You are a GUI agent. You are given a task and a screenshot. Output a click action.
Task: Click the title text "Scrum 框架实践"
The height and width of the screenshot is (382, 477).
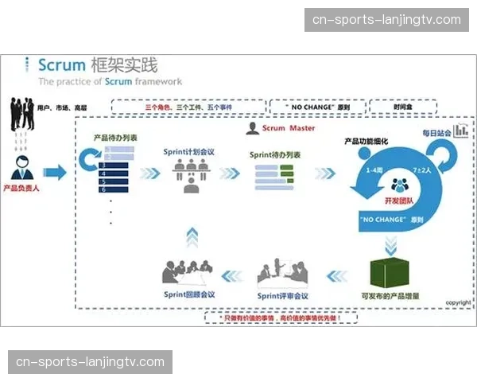click(98, 64)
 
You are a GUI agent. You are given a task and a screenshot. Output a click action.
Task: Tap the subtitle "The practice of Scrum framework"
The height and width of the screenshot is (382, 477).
click(110, 81)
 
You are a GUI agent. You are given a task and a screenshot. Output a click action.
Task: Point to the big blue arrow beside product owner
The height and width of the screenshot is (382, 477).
click(56, 173)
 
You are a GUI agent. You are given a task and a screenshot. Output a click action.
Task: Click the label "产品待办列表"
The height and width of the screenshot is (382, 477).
click(114, 137)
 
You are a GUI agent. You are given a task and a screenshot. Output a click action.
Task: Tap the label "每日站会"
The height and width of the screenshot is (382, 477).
click(435, 132)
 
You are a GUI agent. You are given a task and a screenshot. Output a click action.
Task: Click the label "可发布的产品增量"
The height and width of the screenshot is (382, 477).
click(390, 296)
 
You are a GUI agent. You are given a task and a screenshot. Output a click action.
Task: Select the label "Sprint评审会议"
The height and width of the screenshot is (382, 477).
click(282, 296)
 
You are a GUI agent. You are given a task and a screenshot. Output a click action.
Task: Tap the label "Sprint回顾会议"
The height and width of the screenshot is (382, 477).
click(189, 294)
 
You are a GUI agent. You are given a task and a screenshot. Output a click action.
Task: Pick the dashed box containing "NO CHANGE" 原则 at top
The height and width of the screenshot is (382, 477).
click(316, 107)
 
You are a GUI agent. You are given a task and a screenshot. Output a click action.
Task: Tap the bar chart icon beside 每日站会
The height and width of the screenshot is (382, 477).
click(460, 131)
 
